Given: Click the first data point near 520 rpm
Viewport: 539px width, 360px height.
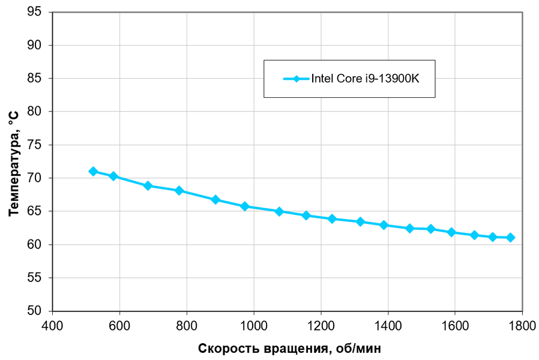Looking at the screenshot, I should (x=93, y=172).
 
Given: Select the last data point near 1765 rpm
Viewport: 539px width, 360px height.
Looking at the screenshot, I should (x=510, y=238).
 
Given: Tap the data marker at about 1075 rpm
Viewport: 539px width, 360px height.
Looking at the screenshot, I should (x=279, y=211).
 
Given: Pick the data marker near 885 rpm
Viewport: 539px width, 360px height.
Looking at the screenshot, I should (x=215, y=200).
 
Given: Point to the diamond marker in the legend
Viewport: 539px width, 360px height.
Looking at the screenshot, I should (x=297, y=79).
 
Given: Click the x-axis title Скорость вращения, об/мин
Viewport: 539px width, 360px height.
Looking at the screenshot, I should (x=289, y=348).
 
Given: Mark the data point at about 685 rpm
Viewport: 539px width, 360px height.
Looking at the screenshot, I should (x=148, y=186).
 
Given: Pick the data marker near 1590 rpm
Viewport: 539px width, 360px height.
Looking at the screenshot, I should (x=452, y=232).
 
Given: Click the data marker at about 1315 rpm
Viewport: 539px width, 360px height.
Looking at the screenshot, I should (x=360, y=221).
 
